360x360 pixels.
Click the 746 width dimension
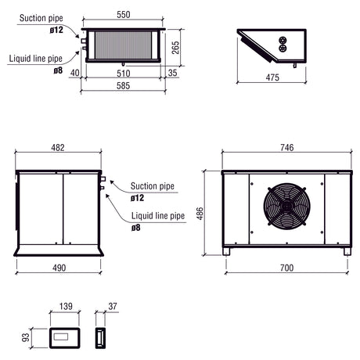[286, 147]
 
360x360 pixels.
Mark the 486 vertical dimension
[200, 213]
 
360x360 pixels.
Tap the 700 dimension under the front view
[286, 268]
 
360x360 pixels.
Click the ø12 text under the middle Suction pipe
[138, 197]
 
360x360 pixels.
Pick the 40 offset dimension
[74, 74]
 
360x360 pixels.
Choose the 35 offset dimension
[172, 74]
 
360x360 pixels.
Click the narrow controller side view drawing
[99, 338]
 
